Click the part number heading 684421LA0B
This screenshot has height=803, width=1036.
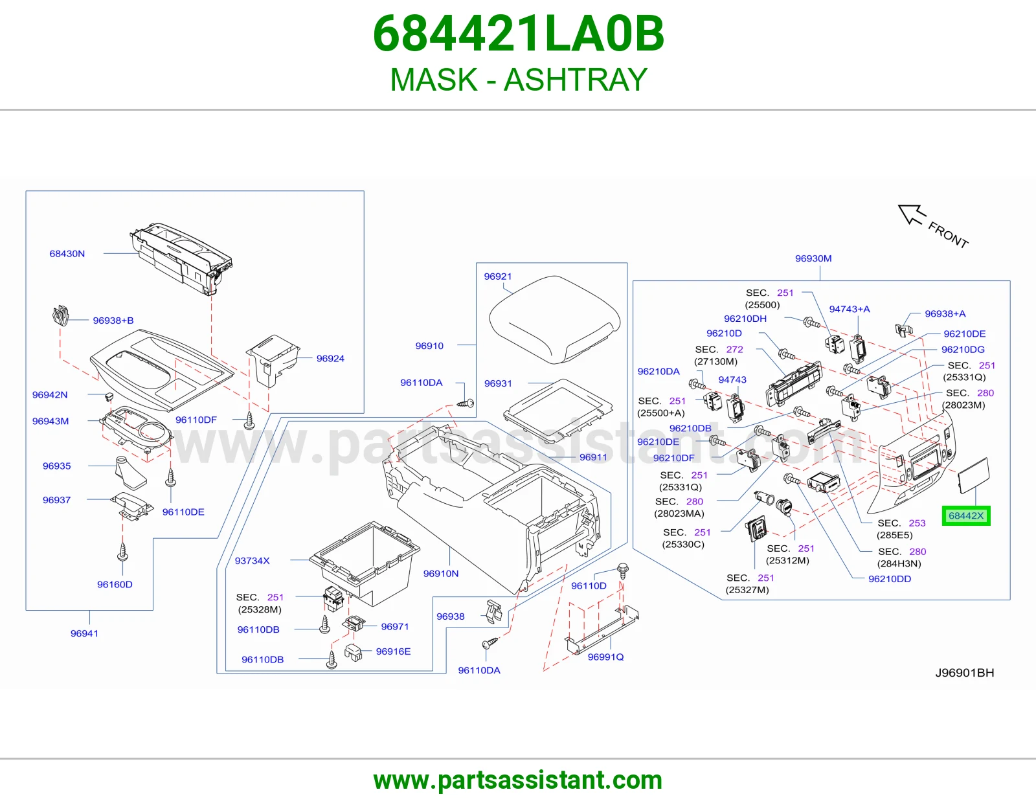pyautogui.click(x=518, y=34)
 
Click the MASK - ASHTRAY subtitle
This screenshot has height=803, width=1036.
pyautogui.click(x=518, y=80)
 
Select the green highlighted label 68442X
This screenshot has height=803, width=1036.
pyautogui.click(x=966, y=515)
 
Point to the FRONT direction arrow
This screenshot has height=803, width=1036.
pyautogui.click(x=912, y=214)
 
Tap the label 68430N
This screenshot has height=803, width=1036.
pyautogui.click(x=67, y=254)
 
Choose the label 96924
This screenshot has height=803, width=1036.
pyautogui.click(x=330, y=359)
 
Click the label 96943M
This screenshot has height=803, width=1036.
pyautogui.click(x=51, y=421)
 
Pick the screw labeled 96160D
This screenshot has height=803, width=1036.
pyautogui.click(x=122, y=552)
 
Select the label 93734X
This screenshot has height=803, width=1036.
pyautogui.click(x=253, y=561)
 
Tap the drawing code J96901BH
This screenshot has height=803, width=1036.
pyautogui.click(x=965, y=673)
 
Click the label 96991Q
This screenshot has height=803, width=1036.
pyautogui.click(x=605, y=657)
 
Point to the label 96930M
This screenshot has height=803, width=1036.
pyautogui.click(x=813, y=258)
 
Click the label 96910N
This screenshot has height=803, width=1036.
pyautogui.click(x=441, y=574)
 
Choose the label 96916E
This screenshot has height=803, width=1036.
pyautogui.click(x=393, y=651)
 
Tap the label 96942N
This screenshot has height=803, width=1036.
pyautogui.click(x=50, y=395)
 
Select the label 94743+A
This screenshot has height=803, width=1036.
pyautogui.click(x=850, y=309)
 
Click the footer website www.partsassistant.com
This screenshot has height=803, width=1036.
pyautogui.click(x=518, y=780)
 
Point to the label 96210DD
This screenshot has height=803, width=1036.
pyautogui.click(x=890, y=579)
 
